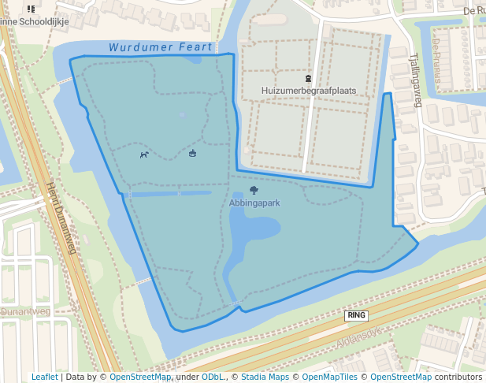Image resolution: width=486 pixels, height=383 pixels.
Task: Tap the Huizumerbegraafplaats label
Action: pos(309,91)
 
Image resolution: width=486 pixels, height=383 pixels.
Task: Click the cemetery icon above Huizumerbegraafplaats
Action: pos(308,79)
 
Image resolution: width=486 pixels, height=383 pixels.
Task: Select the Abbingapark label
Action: pos(254,203)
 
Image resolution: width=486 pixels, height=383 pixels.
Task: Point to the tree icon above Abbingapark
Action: pos(254,190)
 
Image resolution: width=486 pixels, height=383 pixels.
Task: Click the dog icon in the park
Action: pos(144,154)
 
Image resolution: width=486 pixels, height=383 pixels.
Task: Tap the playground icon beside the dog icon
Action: pos(192,153)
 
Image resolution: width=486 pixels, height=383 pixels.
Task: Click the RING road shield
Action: pos(356,315)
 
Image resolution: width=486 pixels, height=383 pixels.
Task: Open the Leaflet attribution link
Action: pos(44,377)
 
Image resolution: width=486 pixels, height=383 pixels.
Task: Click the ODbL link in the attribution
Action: pos(212,377)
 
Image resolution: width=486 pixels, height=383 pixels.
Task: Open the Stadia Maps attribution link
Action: pos(265,377)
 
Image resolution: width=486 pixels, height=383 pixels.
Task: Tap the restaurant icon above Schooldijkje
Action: pos(31,9)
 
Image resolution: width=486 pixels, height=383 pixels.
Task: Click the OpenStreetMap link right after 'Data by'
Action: pos(140,377)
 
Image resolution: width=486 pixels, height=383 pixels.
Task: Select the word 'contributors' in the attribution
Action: pos(458,377)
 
